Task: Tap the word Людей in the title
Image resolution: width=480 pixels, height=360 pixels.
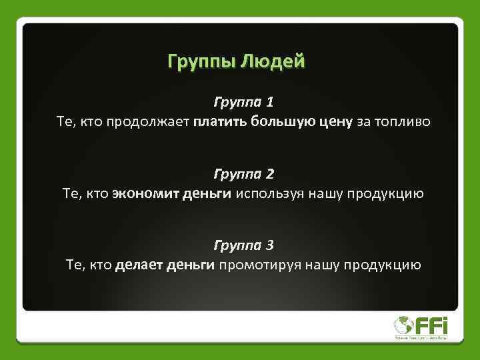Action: pyautogui.click(x=276, y=62)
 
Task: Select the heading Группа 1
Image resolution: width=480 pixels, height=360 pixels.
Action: pyautogui.click(x=243, y=103)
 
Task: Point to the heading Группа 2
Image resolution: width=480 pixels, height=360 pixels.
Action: pyautogui.click(x=243, y=174)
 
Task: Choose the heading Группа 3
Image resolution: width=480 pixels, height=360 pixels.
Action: pyautogui.click(x=243, y=245)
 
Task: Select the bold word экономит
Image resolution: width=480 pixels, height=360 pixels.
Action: pyautogui.click(x=143, y=194)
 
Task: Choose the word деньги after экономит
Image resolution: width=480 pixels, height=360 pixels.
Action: pyautogui.click(x=205, y=194)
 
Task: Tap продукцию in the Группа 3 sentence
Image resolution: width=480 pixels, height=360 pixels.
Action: pyautogui.click(x=383, y=265)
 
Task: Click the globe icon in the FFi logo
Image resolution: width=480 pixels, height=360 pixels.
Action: pyautogui.click(x=403, y=325)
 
